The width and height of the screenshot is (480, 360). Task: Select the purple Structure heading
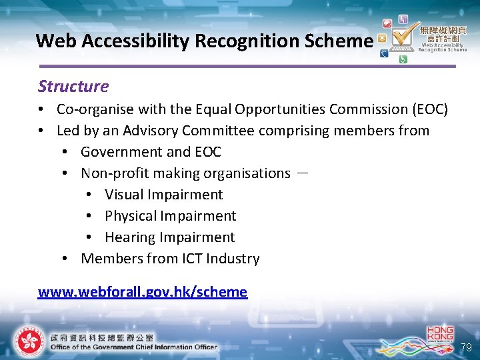[x=73, y=86]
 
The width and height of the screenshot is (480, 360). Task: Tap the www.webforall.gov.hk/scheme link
[x=143, y=291]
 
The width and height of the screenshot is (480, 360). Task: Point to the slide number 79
[x=467, y=347]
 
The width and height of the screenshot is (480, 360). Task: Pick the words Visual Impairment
[x=163, y=195]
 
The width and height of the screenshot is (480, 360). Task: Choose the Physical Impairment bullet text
[x=170, y=216]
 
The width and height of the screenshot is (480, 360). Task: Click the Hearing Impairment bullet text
[x=169, y=237]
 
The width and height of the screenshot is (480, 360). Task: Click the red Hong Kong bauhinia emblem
[x=29, y=341]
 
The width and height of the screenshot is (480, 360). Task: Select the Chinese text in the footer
[x=101, y=337]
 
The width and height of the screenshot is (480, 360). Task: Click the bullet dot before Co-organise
[x=41, y=109]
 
